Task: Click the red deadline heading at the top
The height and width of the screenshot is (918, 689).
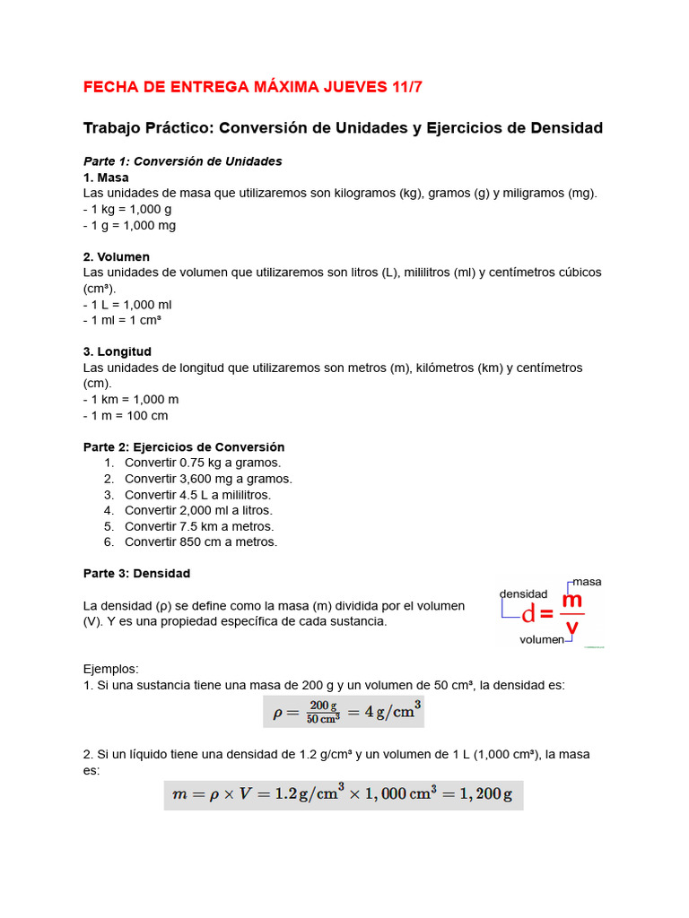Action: click(252, 87)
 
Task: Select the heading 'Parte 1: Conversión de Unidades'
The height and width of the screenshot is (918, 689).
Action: click(182, 161)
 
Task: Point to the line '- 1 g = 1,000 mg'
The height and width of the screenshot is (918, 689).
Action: click(129, 225)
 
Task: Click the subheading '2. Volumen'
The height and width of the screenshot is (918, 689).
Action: click(117, 256)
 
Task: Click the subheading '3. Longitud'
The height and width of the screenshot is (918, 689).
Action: click(118, 351)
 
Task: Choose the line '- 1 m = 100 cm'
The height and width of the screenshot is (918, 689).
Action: click(126, 415)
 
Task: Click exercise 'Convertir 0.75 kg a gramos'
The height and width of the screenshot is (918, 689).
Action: click(203, 463)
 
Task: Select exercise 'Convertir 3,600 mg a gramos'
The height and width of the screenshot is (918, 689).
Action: click(208, 479)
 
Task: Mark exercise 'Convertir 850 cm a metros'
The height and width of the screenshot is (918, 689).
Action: click(201, 541)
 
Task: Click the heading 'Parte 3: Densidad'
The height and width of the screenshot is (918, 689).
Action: click(136, 573)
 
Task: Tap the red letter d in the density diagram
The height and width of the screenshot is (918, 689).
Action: click(528, 614)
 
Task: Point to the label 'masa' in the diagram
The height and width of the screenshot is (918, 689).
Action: click(587, 582)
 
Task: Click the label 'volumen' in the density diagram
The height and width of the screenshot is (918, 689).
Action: click(542, 640)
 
